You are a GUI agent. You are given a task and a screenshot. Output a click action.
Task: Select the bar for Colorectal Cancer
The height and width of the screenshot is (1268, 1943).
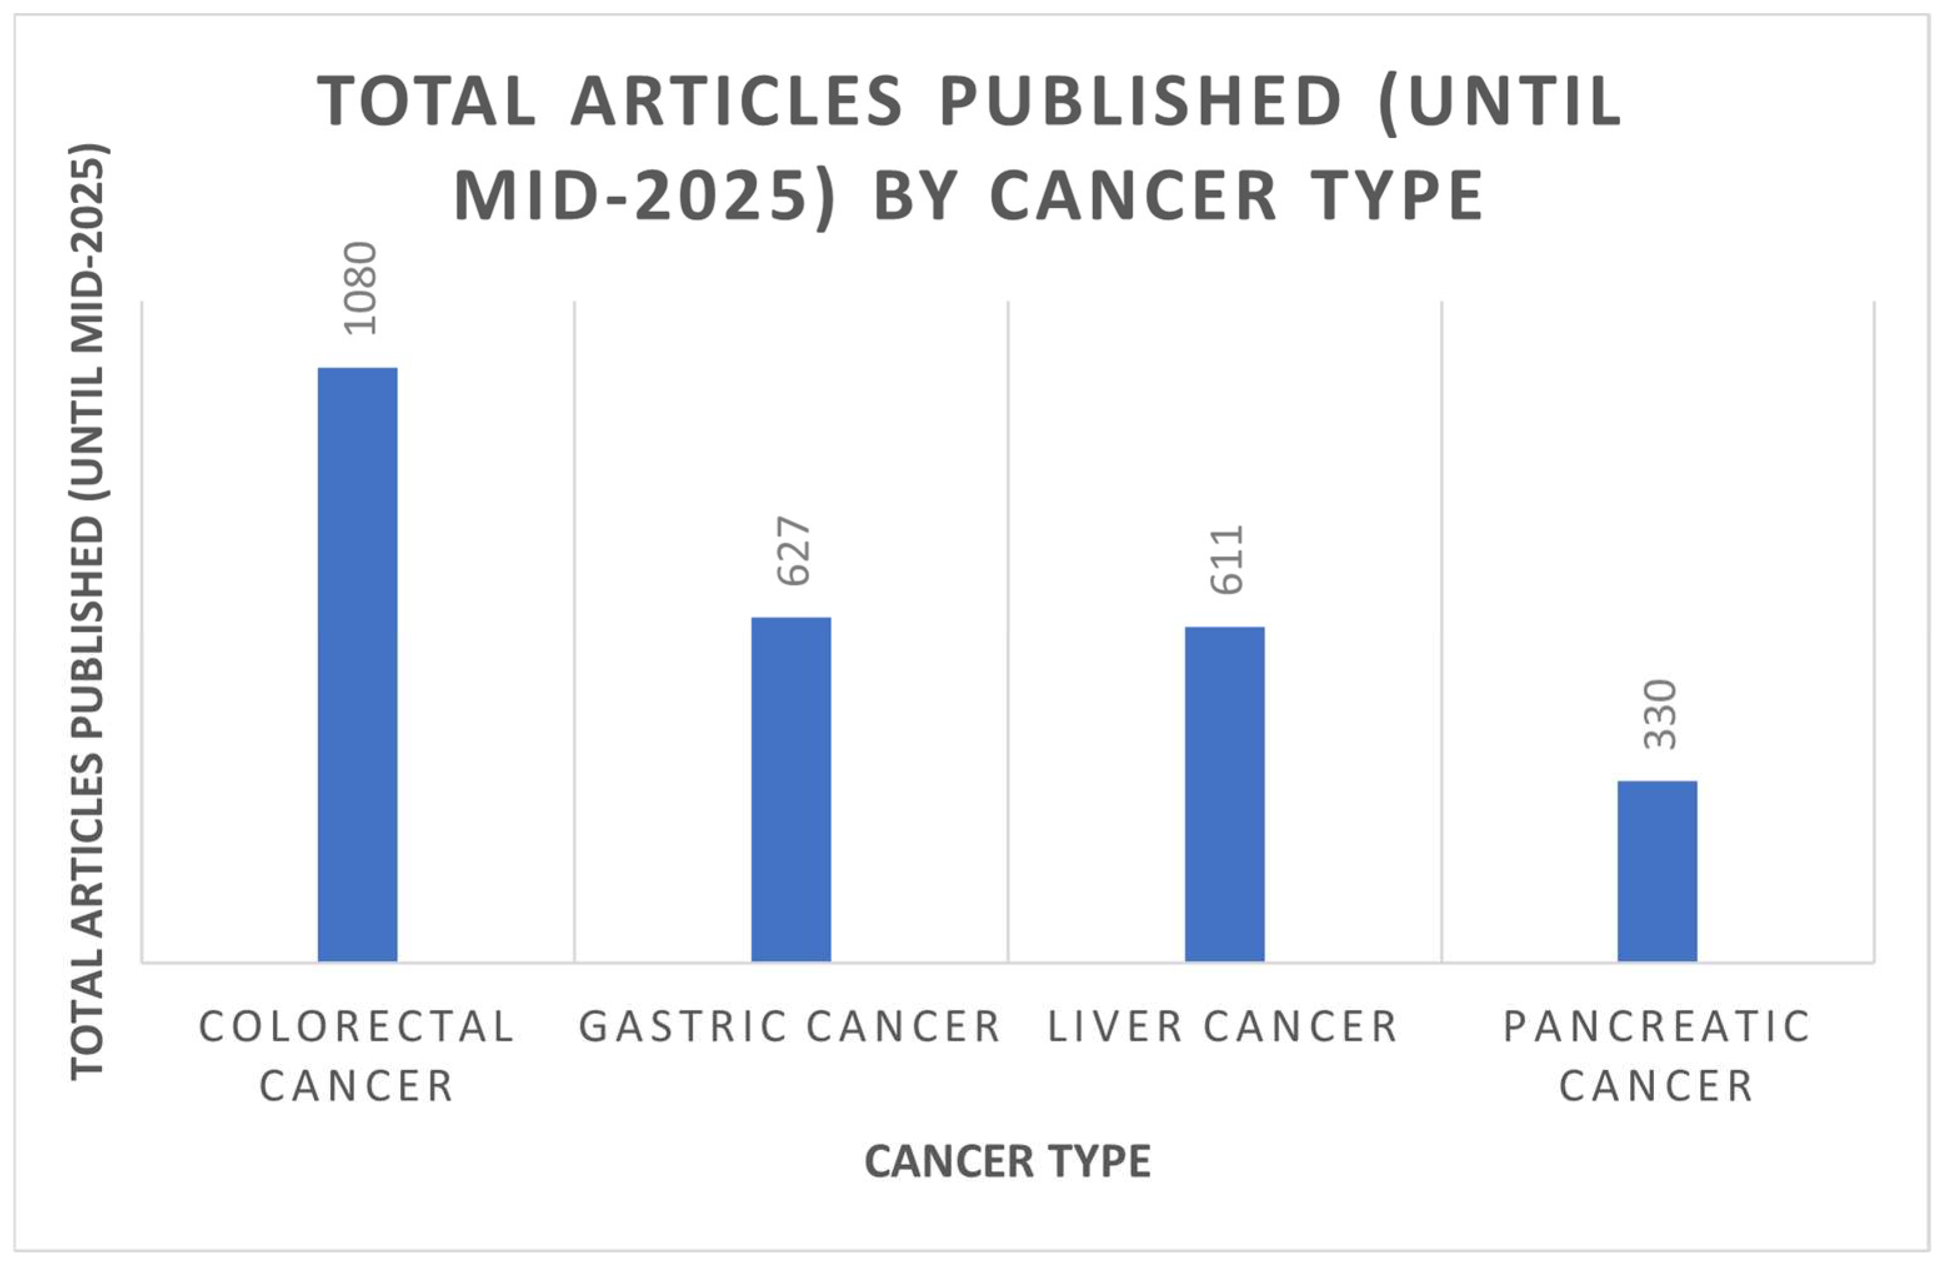click(358, 664)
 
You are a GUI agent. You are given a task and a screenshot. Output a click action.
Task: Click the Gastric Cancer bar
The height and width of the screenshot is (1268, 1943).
click(791, 789)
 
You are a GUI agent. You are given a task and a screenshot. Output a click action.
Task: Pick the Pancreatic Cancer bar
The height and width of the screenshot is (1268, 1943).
click(1658, 871)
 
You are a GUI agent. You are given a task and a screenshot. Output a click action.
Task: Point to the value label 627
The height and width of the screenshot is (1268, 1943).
click(794, 550)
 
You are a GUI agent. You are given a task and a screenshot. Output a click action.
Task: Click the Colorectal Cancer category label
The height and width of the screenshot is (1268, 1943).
click(358, 1056)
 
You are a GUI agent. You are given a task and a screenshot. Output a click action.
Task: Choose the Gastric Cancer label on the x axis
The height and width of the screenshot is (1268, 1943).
click(790, 1027)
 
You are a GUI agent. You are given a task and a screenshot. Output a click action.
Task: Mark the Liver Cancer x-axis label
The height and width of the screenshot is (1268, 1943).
click(1223, 1027)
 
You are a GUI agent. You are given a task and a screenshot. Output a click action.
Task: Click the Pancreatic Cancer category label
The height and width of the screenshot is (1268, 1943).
click(1658, 1056)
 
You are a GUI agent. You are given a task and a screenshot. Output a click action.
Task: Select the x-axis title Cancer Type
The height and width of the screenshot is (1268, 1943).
click(1007, 1161)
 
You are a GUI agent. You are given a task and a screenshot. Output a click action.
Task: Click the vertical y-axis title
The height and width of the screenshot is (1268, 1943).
click(88, 612)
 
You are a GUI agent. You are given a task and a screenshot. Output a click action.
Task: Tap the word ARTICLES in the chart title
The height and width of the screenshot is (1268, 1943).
click(736, 102)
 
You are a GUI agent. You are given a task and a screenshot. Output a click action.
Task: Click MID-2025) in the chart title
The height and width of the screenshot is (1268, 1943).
click(645, 197)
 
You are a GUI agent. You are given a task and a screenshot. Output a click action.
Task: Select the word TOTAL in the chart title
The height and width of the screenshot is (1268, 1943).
click(426, 102)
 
